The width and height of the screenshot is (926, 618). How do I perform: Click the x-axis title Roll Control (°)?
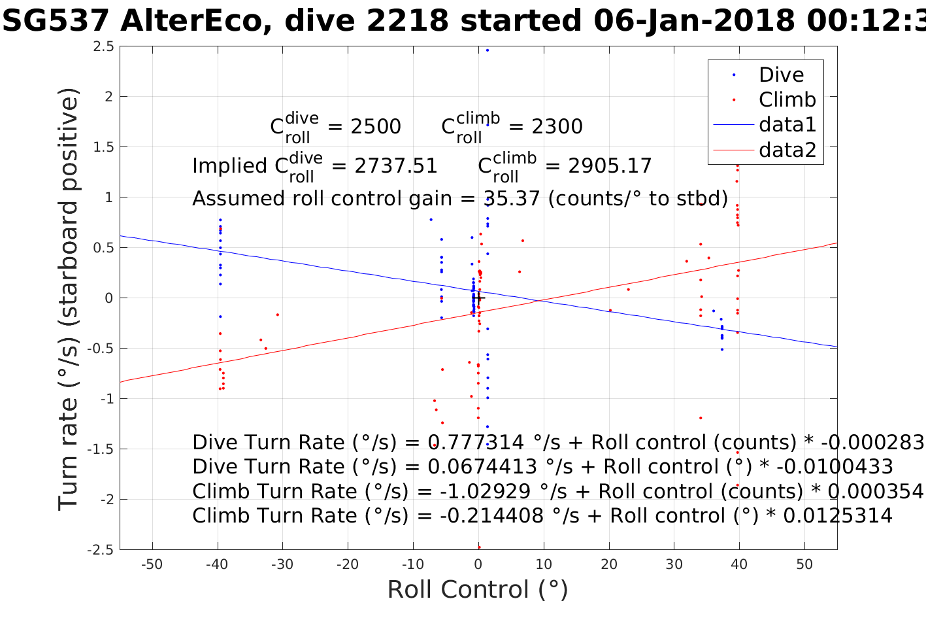[478, 590]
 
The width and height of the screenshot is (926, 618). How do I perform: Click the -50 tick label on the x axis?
[152, 565]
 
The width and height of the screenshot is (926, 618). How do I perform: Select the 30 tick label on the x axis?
[674, 565]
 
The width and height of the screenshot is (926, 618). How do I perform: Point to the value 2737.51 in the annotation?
[396, 166]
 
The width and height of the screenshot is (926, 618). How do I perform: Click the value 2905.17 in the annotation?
[610, 166]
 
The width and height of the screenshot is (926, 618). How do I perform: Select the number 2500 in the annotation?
[376, 127]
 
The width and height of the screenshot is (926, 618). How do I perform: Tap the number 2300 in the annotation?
[557, 127]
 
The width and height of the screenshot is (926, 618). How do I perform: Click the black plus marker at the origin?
[478, 298]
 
